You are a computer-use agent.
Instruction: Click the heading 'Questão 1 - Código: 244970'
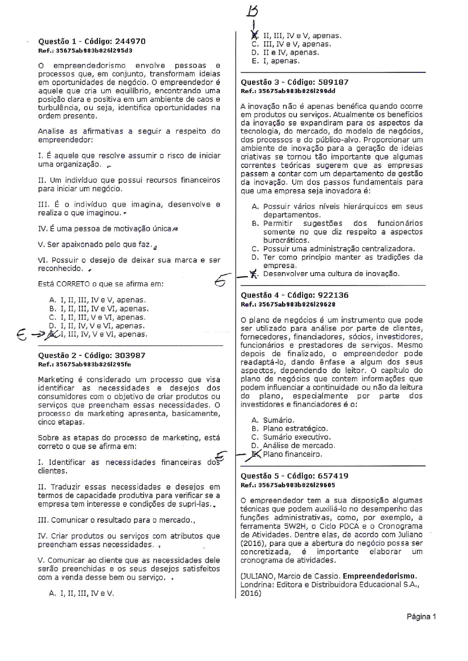tap(92, 42)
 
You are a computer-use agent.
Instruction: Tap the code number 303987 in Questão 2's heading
tap(130, 355)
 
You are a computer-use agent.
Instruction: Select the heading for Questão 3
tap(295, 82)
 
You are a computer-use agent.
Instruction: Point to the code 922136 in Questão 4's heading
tap(333, 295)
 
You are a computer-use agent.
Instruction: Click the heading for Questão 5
tap(295, 476)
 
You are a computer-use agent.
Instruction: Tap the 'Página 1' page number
tap(421, 617)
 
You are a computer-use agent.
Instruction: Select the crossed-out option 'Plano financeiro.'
tap(292, 454)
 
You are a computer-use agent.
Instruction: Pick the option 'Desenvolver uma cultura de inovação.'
tap(331, 274)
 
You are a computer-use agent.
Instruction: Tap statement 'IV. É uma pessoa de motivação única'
tap(105, 229)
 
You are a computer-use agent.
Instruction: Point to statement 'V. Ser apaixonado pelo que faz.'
tap(95, 245)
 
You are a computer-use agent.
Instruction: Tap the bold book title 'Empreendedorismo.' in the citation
tap(380, 576)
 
